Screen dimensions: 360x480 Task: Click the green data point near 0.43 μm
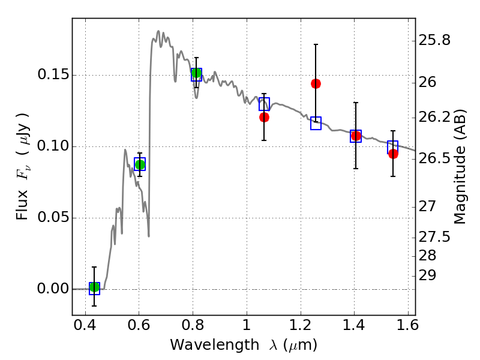[x=94, y=287]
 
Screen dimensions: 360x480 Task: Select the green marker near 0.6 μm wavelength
[x=140, y=164]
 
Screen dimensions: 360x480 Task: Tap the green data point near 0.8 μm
[x=196, y=73]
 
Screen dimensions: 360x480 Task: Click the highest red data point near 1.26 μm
[x=316, y=83]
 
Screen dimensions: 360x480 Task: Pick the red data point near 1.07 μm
[x=264, y=117]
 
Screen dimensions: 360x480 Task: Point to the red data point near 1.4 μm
[x=356, y=136]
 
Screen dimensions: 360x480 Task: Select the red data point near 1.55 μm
[x=393, y=154]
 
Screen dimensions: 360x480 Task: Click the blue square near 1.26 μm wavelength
[x=316, y=123]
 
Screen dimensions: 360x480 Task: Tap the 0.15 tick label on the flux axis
[x=52, y=76]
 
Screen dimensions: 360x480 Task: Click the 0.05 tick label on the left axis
[x=52, y=218]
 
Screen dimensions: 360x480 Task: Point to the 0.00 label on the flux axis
[x=52, y=289]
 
